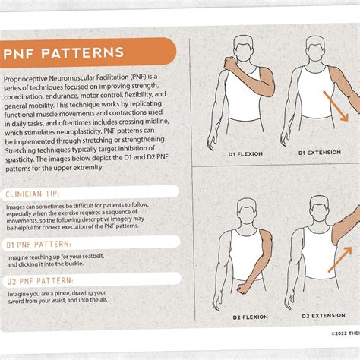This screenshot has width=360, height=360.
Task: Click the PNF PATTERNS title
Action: pyautogui.click(x=65, y=54)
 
